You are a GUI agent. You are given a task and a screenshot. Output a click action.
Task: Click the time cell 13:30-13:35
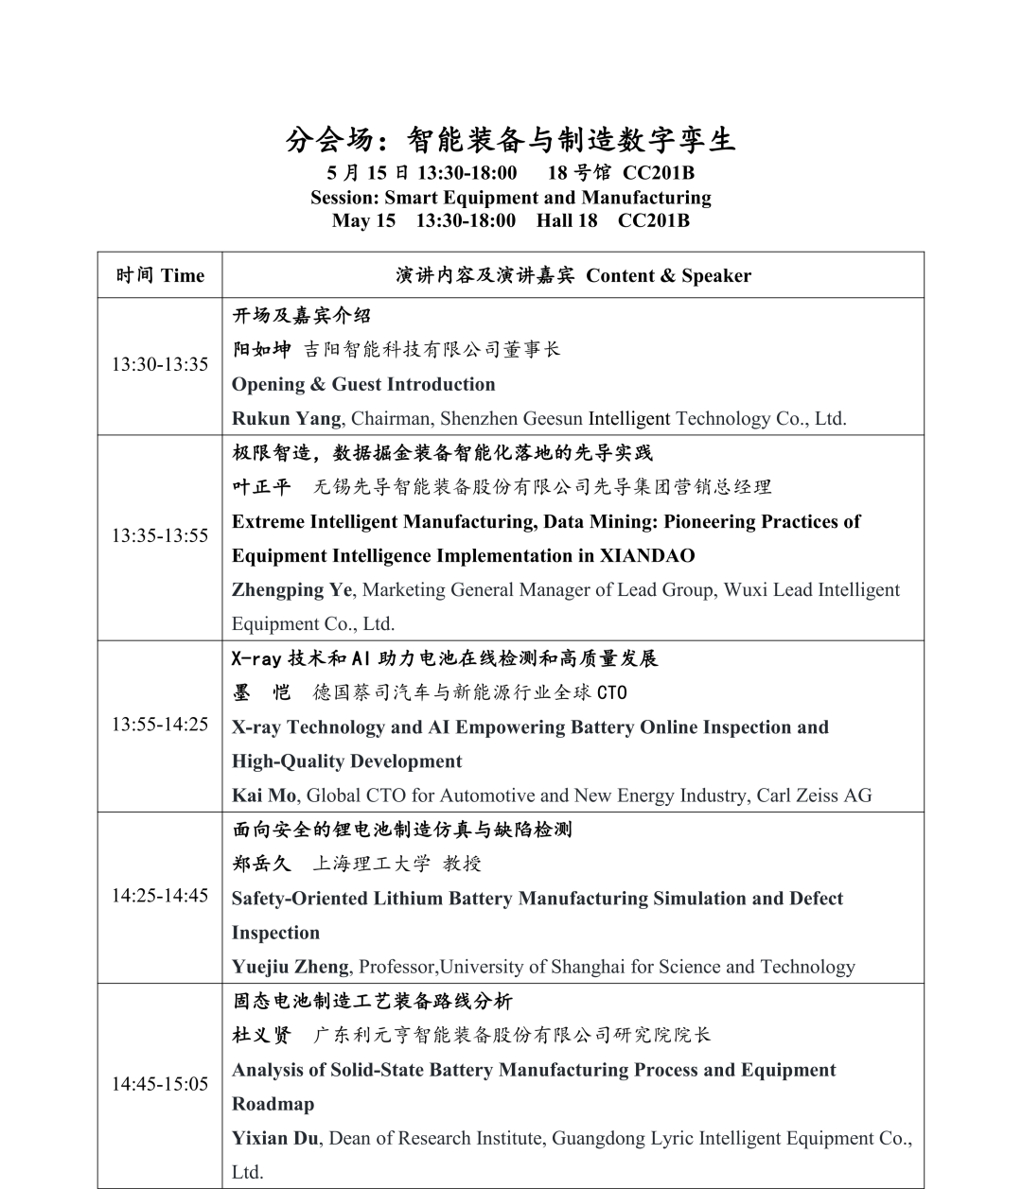tap(160, 364)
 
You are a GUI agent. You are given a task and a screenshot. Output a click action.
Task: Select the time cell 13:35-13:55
tap(160, 535)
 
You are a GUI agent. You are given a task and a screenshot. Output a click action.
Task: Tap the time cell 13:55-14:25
tap(160, 725)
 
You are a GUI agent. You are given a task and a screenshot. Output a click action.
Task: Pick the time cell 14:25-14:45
tap(160, 896)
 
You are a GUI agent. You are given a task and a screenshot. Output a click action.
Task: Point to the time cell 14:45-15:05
tap(160, 1084)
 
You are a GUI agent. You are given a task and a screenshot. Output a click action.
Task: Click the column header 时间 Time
tap(160, 275)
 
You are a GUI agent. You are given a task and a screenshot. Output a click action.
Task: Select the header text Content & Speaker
tap(668, 275)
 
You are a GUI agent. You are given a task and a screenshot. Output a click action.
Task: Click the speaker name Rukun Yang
tap(286, 418)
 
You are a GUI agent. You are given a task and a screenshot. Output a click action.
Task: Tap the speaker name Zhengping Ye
tap(291, 589)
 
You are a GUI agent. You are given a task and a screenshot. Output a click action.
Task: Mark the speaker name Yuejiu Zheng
tap(290, 967)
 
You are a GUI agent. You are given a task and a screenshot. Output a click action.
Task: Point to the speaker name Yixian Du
tap(274, 1138)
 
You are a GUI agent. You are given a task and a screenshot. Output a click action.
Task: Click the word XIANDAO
tap(647, 555)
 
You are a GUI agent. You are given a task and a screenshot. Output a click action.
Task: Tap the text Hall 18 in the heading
tap(567, 220)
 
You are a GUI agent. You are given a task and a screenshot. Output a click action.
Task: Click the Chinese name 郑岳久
tap(261, 864)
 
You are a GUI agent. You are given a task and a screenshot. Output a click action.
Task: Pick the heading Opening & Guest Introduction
tap(363, 384)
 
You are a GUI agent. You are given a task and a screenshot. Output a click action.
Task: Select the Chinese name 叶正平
tap(261, 487)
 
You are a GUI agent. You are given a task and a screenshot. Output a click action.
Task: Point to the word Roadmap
tap(273, 1104)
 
